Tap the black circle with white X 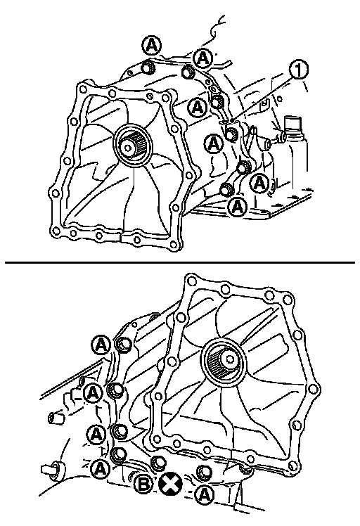point(170,485)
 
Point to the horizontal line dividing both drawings point(180,263)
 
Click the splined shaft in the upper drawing point(132,146)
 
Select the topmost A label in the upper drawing point(152,46)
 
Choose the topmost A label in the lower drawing point(101,345)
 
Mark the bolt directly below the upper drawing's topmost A point(148,67)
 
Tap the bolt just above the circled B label point(157,463)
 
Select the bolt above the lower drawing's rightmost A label point(204,472)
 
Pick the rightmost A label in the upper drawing point(259,183)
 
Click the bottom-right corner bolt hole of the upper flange point(174,245)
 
